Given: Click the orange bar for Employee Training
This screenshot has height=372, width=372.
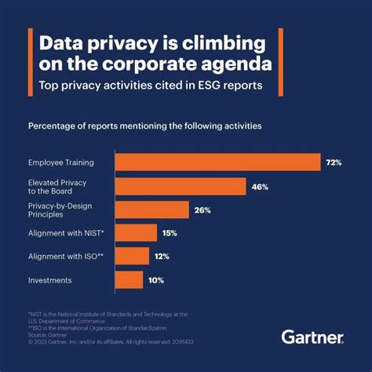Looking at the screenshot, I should (217, 162).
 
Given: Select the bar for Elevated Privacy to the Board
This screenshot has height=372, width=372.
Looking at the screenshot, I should (181, 186).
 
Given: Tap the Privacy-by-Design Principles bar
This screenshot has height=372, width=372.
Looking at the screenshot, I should (152, 210).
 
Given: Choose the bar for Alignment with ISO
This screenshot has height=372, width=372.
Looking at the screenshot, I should (132, 256).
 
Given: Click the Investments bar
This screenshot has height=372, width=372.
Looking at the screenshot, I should (129, 279).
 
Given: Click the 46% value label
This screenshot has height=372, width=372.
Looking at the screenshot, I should (261, 186).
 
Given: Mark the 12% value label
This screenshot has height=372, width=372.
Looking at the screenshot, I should (163, 256).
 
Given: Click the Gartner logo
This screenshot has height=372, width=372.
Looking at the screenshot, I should (312, 337).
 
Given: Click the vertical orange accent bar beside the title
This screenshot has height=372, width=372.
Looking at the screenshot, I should (29, 63).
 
